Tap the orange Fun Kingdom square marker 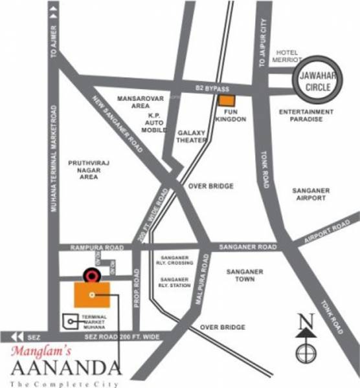pos(226,100)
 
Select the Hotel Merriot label pos(290,56)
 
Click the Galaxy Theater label pos(190,136)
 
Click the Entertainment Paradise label pos(306,117)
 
